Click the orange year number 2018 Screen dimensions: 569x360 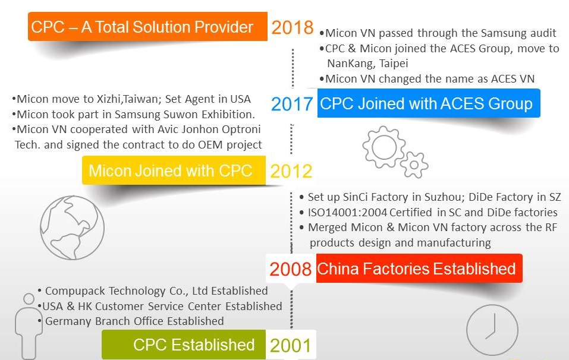[293, 27]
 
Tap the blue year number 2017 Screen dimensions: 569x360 [292, 104]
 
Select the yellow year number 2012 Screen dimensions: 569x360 [291, 171]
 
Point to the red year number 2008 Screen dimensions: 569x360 [290, 269]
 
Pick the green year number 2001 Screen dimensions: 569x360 [290, 346]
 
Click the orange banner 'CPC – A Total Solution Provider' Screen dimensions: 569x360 [147, 27]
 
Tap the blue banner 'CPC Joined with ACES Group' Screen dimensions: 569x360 [429, 103]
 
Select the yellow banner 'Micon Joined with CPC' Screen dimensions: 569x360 [174, 170]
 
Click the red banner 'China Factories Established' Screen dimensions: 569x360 [419, 269]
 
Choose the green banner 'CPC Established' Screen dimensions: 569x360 [184, 345]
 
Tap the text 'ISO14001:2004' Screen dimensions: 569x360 [347, 213]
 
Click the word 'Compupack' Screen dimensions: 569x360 [76, 291]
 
